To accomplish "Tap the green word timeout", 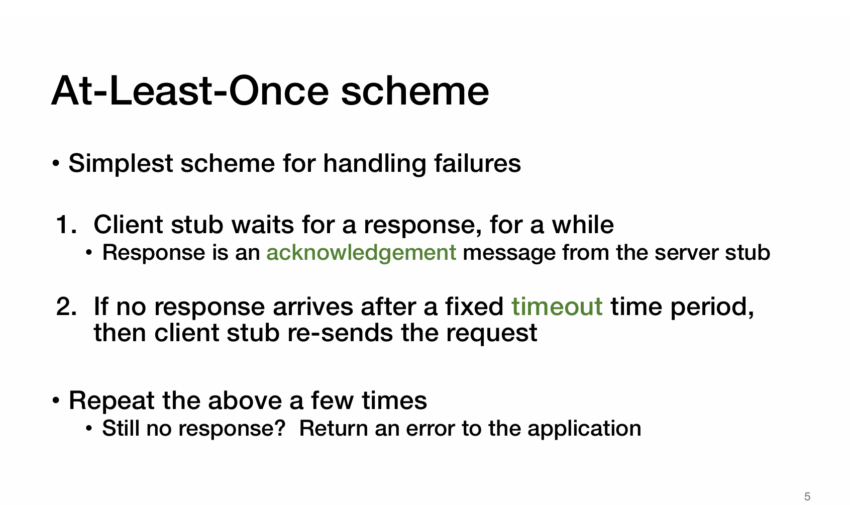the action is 557,307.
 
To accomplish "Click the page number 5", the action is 807,496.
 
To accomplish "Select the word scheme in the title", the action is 415,91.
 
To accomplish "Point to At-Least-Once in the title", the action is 190,91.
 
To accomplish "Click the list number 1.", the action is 66,225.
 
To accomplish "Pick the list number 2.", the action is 66,307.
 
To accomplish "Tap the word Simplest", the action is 121,164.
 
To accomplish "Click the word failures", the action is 477,163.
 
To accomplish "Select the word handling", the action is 375,164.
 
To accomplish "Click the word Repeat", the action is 112,401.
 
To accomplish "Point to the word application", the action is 584,429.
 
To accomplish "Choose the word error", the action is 431,429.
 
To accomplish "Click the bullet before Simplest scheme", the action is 56,164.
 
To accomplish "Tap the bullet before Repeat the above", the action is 56,401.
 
